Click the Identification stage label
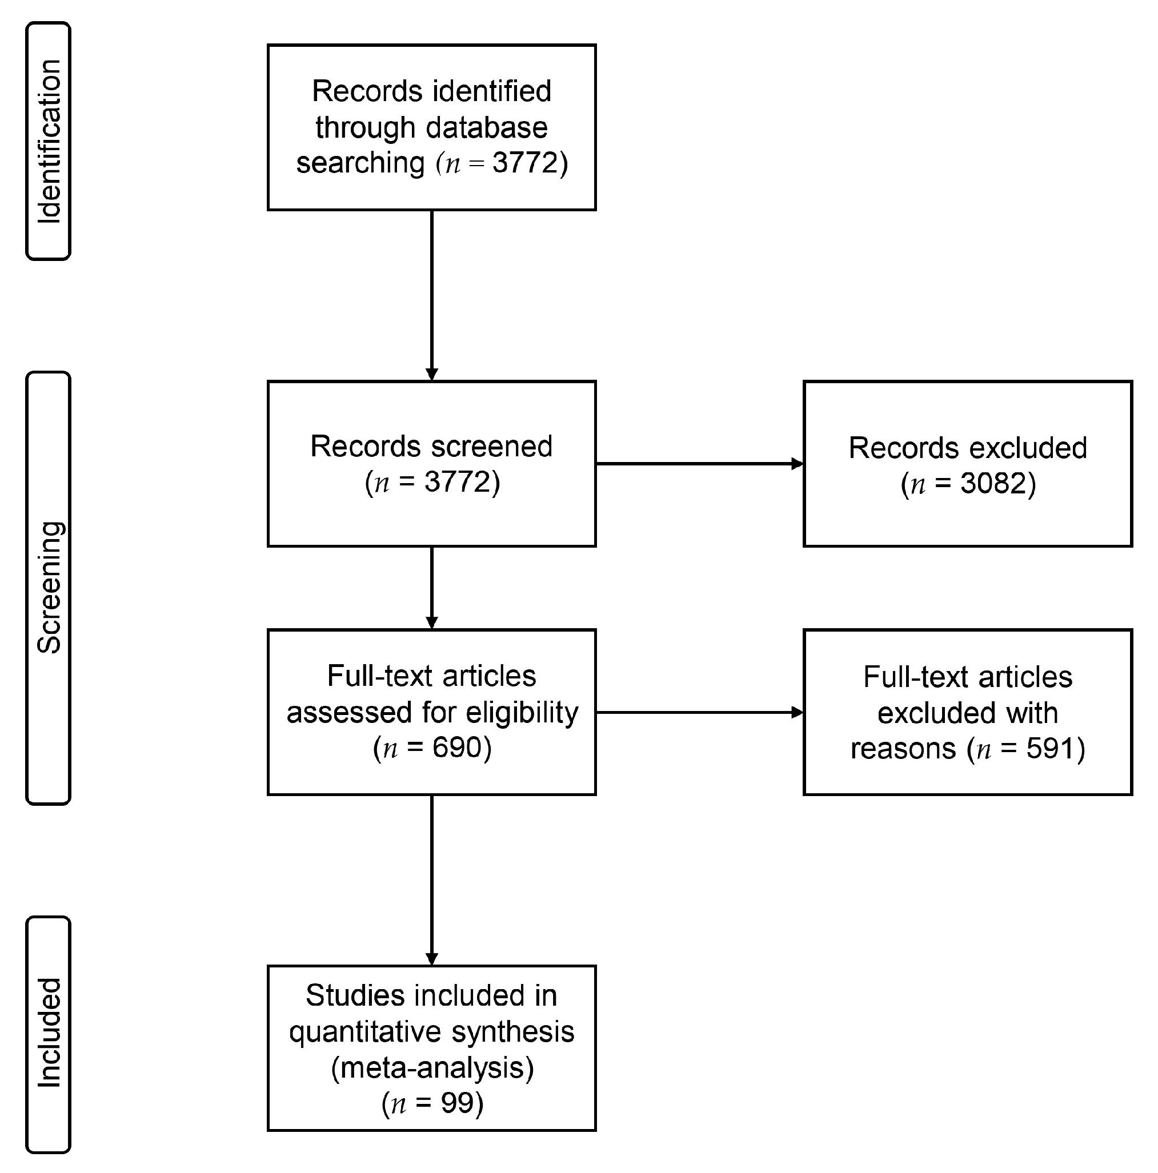tap(49, 142)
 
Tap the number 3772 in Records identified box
tap(524, 163)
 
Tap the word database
tap(486, 127)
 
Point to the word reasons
tap(903, 749)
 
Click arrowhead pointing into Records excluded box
tap(798, 464)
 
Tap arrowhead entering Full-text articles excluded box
tap(798, 712)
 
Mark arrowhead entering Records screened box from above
tap(432, 374)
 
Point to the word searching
tap(360, 163)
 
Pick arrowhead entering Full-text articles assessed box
tap(432, 622)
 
